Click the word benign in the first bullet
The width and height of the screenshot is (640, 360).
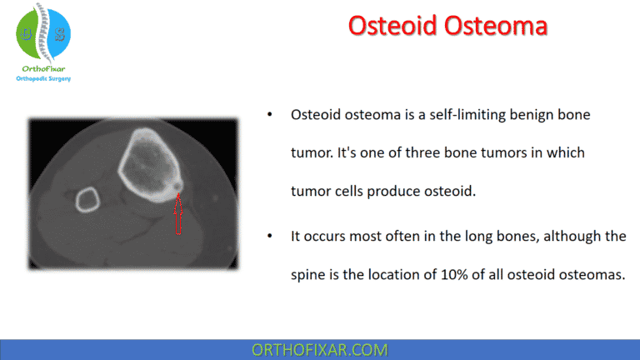(526, 114)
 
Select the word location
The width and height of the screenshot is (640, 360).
(417, 275)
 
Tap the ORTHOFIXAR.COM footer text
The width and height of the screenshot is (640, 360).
(319, 349)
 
